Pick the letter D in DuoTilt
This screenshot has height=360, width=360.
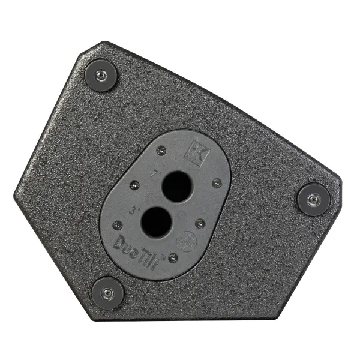pyautogui.click(x=120, y=244)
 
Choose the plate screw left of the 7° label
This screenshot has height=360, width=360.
pyautogui.click(x=134, y=184)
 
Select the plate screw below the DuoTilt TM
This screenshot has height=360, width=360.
pyautogui.click(x=173, y=259)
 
